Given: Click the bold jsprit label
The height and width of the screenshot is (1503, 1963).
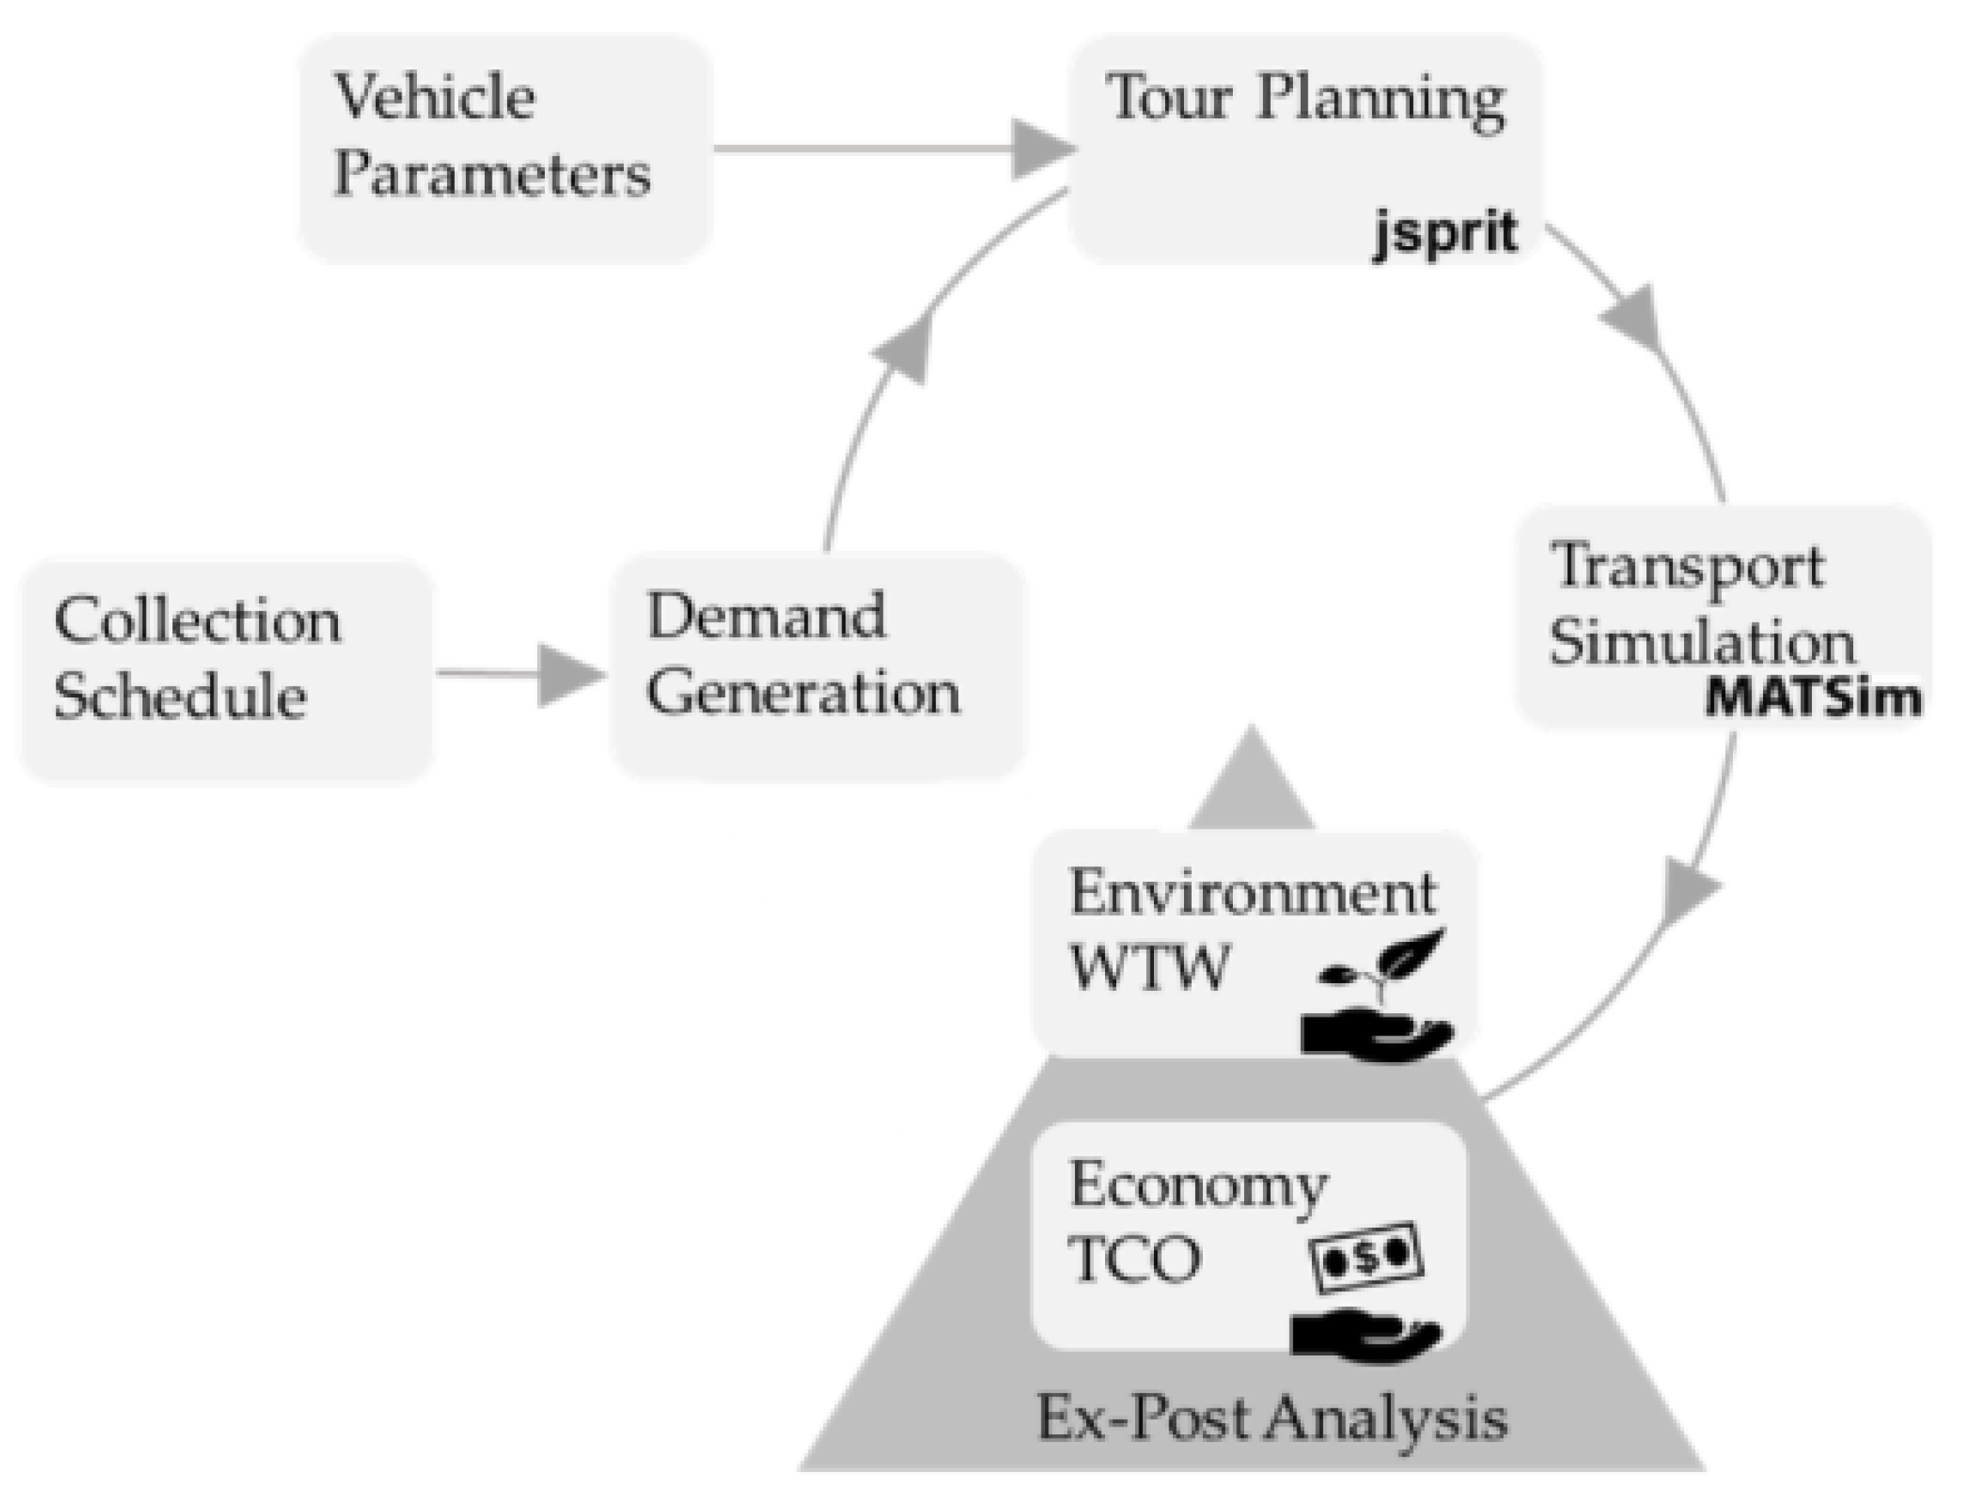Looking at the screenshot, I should pos(1444,233).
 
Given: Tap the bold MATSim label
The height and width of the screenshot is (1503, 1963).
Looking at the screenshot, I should pos(1811,697).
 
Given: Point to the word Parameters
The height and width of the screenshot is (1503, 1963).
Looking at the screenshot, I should pos(492,173).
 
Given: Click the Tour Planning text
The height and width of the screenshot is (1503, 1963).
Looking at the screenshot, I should pos(1304,99).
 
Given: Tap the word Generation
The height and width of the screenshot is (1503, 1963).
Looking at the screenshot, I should pos(802,692).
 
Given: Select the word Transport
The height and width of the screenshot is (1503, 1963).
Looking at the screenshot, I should pos(1687,567).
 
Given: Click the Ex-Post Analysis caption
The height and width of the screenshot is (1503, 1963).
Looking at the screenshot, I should pos(1271,1418).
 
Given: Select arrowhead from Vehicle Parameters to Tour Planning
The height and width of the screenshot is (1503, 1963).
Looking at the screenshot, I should pos(1042,148).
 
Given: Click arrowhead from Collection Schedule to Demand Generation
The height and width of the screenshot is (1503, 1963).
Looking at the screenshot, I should pos(569,674).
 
